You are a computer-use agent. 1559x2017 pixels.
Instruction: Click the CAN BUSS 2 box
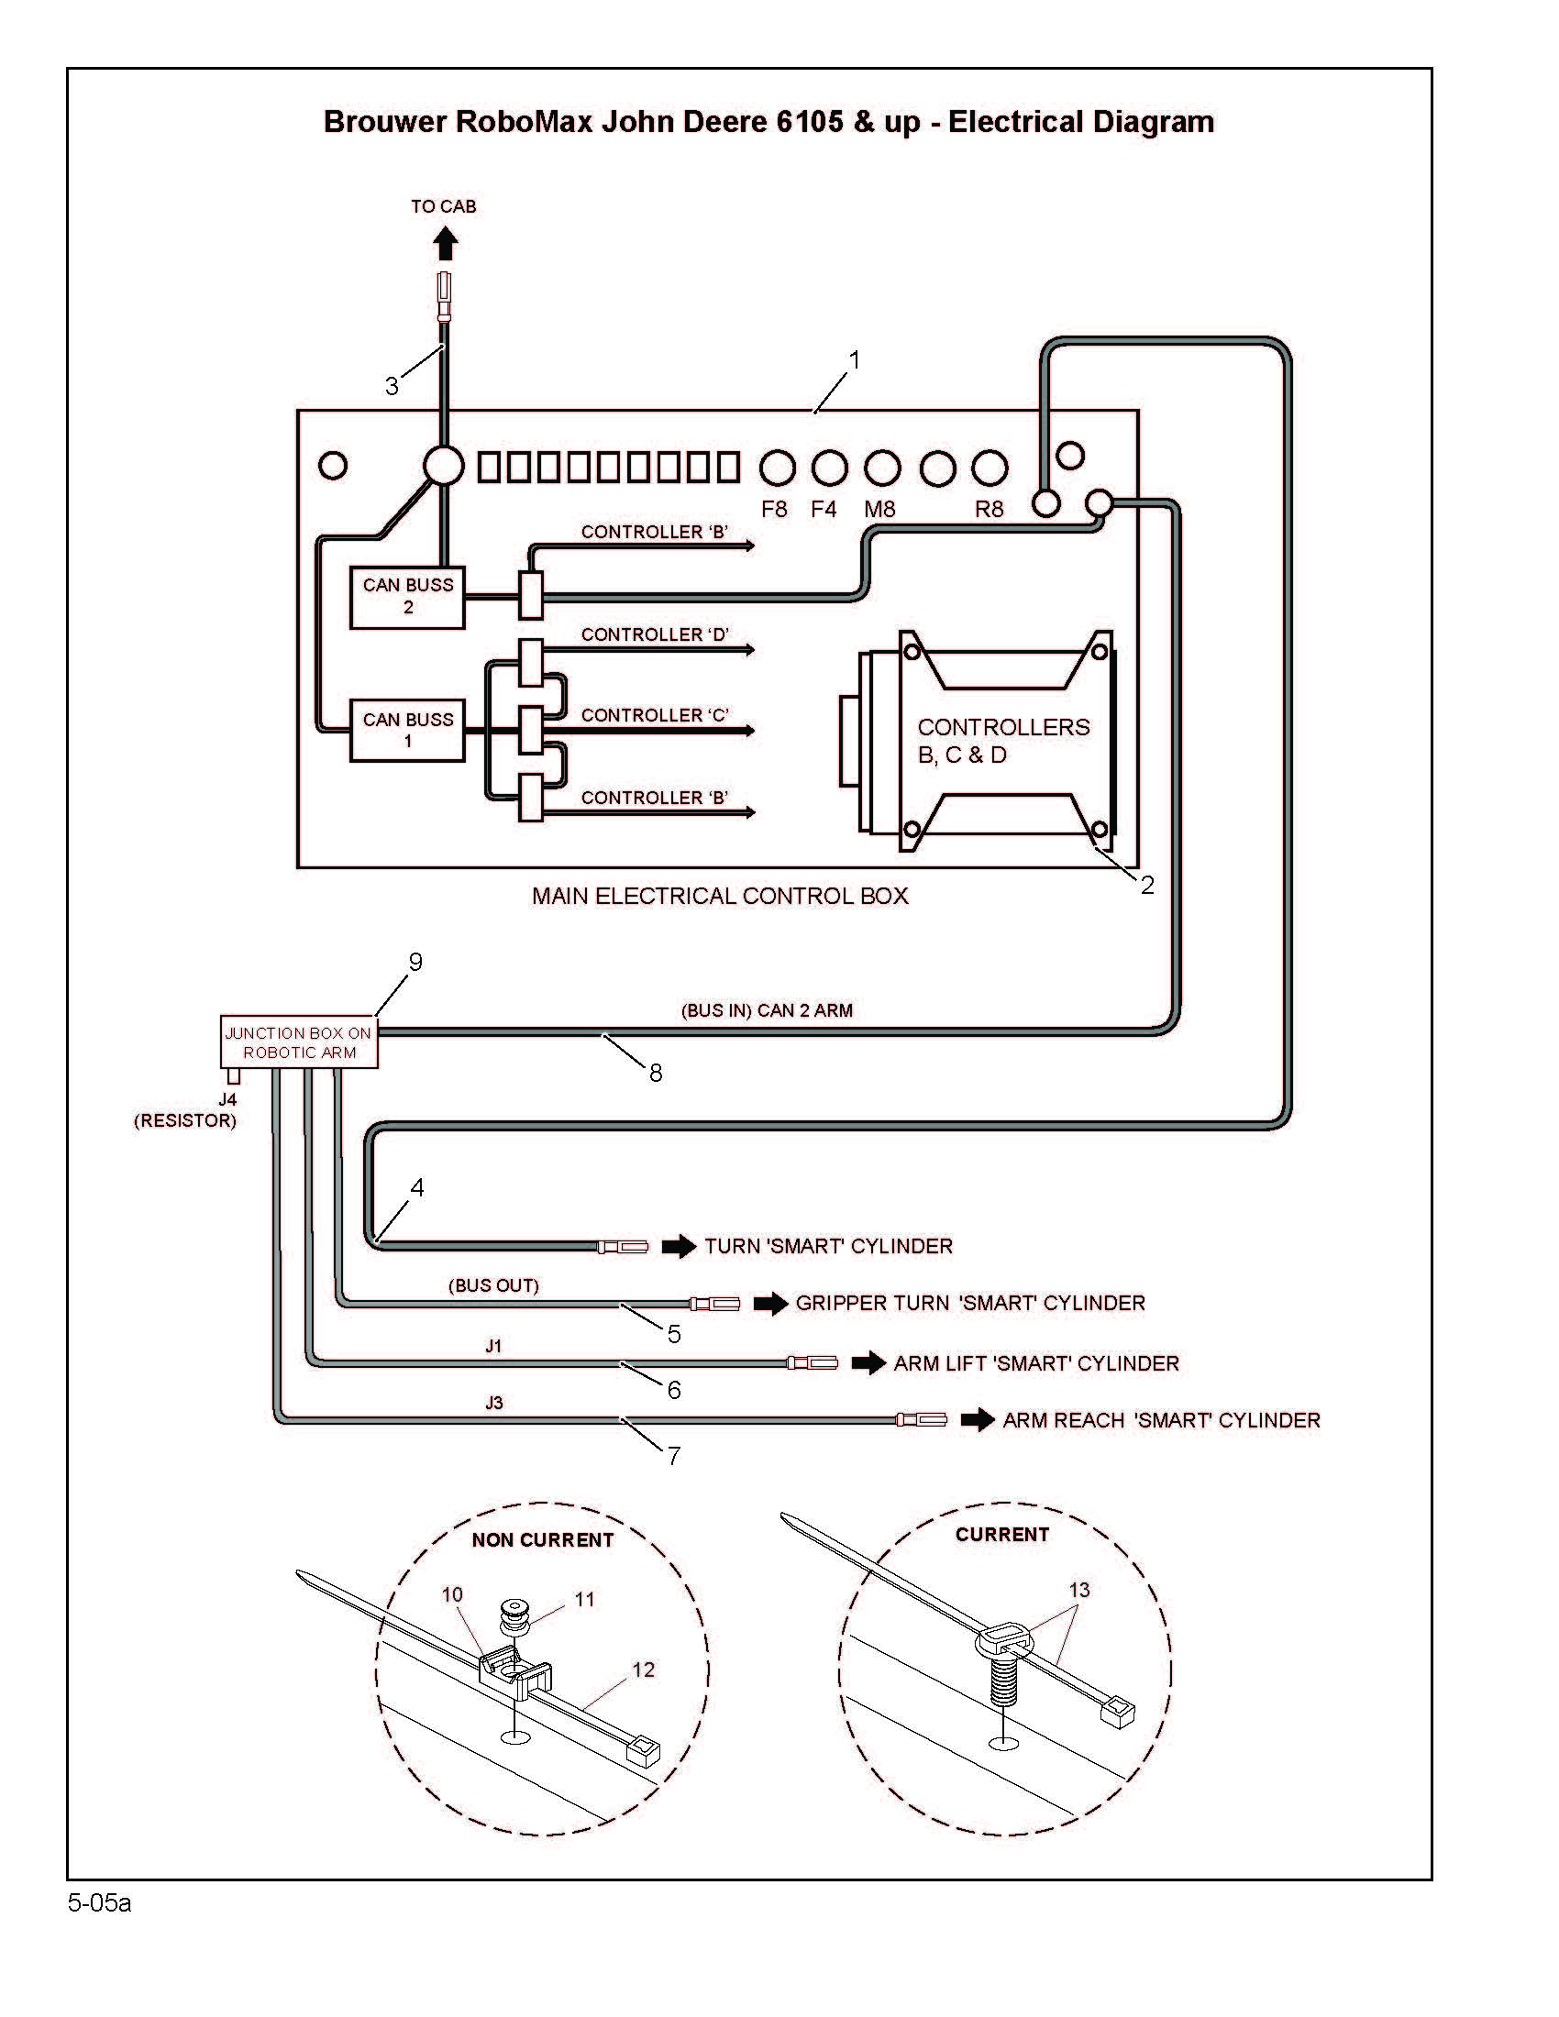coord(407,598)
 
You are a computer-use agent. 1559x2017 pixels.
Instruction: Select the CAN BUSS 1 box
coord(407,731)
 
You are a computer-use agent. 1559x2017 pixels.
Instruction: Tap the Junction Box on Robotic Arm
coord(299,1042)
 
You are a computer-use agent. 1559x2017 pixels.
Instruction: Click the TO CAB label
coord(444,207)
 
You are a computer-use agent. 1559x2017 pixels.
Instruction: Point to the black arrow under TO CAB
coord(446,244)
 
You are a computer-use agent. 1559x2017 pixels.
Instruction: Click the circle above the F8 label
coord(778,468)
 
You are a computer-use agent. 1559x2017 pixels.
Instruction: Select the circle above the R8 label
coord(990,468)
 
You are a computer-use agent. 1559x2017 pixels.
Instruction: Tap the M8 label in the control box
coord(880,509)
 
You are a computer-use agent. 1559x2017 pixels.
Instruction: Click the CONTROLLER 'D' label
coord(655,634)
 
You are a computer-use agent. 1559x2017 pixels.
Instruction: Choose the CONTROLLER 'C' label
coord(655,715)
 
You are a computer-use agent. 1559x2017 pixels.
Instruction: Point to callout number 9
coord(415,963)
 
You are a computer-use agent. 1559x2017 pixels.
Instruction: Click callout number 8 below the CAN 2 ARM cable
coord(656,1074)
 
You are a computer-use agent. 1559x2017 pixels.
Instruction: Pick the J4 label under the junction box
coord(227,1100)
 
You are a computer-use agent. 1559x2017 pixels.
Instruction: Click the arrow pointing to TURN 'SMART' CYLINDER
coord(680,1247)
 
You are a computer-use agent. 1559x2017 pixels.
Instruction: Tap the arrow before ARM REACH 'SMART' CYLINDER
coord(978,1420)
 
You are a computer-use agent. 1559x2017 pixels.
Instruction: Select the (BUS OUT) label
coord(494,1285)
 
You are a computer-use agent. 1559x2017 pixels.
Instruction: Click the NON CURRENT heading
coord(543,1539)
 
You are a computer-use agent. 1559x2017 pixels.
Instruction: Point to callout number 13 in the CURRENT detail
coord(1079,1590)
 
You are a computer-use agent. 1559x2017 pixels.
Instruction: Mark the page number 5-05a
coord(100,1903)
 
